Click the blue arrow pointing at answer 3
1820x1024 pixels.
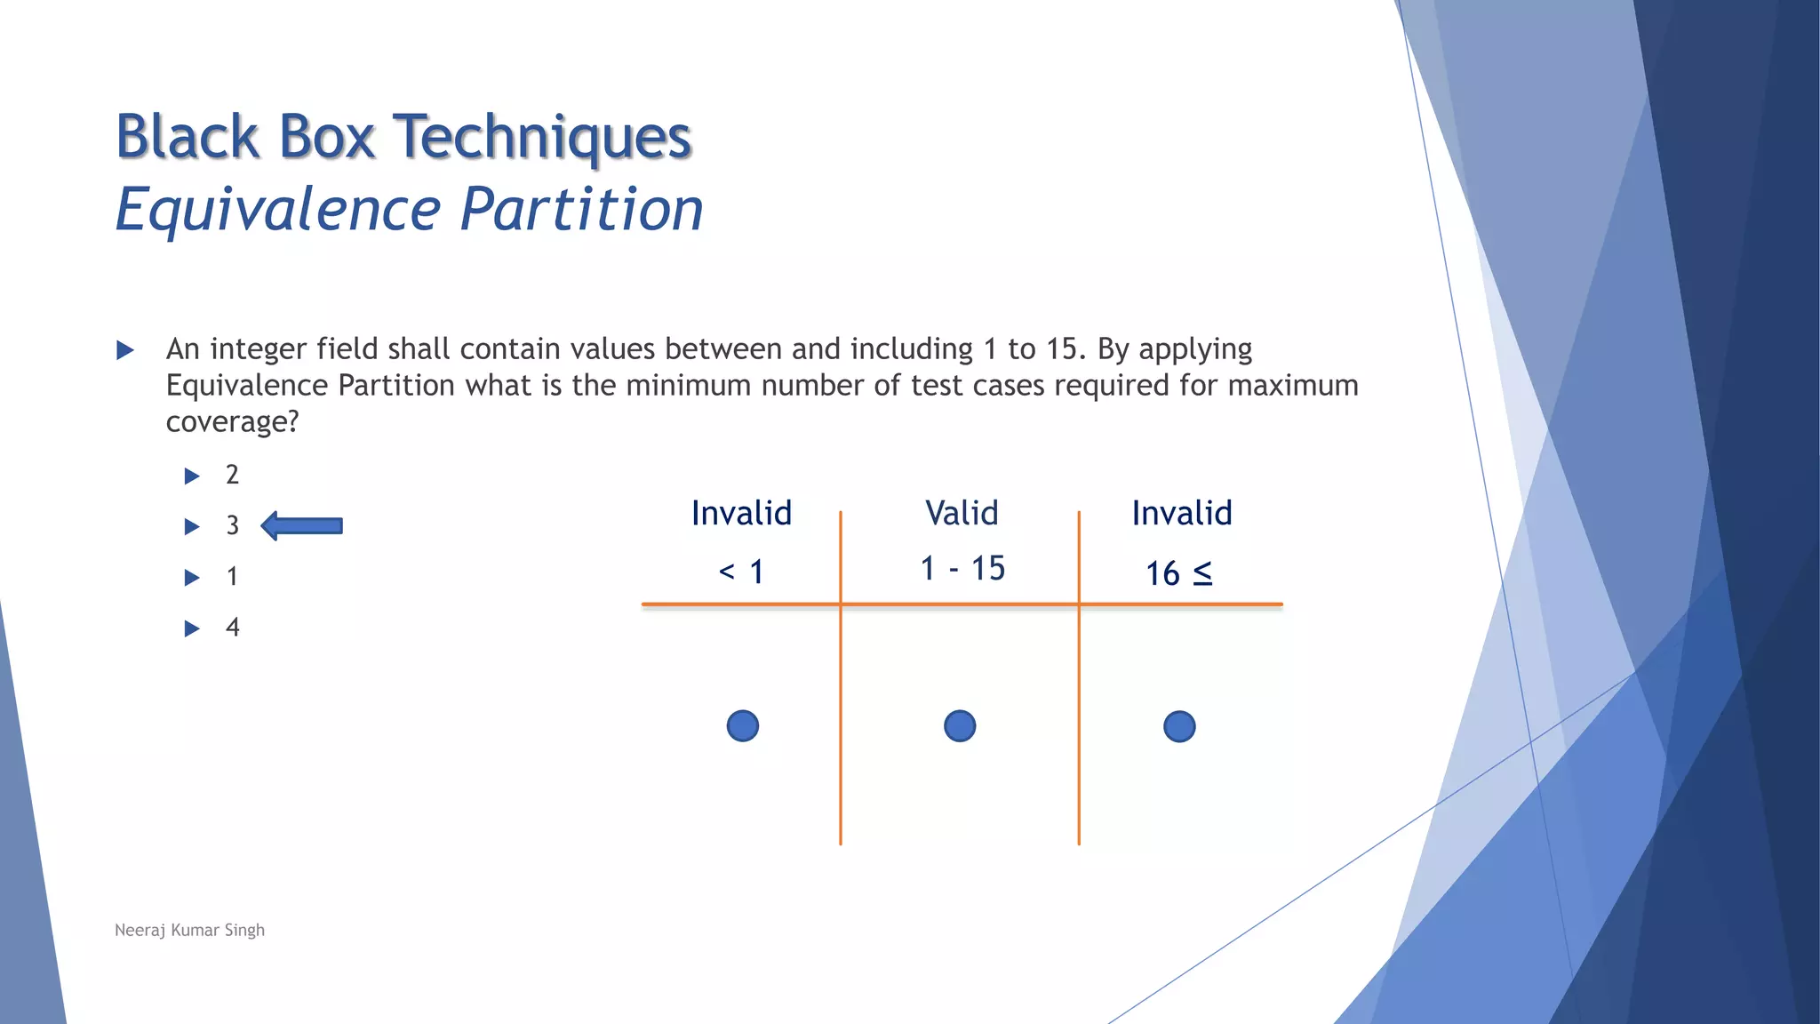(303, 525)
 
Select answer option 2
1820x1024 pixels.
(232, 475)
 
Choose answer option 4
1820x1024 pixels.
(232, 628)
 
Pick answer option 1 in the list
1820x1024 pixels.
(232, 577)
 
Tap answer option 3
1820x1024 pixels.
(232, 525)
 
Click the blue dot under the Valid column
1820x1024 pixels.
(960, 726)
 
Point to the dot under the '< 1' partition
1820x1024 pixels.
(743, 726)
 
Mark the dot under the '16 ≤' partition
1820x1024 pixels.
(1179, 726)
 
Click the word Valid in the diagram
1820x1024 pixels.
(962, 513)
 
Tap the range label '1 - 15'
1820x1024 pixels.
(962, 568)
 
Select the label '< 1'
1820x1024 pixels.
(741, 572)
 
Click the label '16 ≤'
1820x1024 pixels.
(1178, 573)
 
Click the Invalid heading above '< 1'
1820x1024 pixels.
(741, 513)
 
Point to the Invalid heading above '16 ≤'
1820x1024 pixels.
(1181, 513)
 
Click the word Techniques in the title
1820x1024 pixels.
(542, 138)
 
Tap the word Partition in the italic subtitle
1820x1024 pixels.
(582, 210)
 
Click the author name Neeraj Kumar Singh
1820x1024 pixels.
(189, 930)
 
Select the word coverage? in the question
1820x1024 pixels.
(232, 421)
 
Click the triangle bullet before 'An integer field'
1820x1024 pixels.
(125, 350)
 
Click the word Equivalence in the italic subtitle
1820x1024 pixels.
(278, 210)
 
